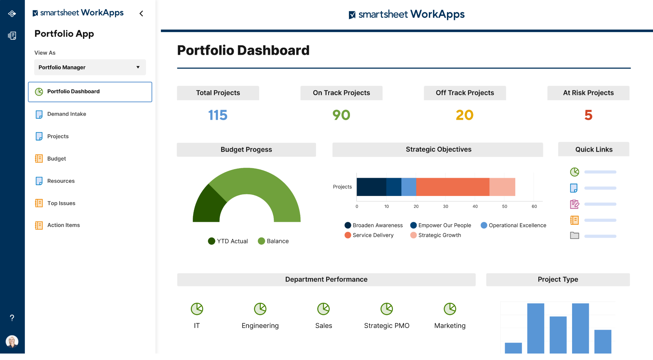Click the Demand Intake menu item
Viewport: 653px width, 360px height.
click(x=66, y=114)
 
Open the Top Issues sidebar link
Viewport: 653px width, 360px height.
click(x=61, y=203)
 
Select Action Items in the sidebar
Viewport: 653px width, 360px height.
click(x=63, y=225)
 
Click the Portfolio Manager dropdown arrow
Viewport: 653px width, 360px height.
click(x=138, y=67)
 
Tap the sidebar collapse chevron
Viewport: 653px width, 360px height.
click(x=141, y=14)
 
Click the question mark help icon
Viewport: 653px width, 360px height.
click(x=12, y=318)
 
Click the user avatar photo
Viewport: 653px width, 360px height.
click(x=12, y=341)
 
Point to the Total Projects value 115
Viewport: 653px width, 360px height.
click(x=218, y=115)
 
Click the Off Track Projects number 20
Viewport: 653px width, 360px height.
click(x=465, y=115)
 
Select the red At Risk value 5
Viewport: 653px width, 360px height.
click(x=588, y=115)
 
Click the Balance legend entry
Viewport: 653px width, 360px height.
click(x=273, y=241)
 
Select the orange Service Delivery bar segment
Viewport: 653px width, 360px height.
click(x=452, y=187)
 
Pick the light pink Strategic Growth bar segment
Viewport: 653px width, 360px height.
click(x=502, y=187)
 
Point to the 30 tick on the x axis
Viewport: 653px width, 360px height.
click(x=446, y=206)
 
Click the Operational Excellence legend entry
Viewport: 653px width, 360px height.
click(x=514, y=225)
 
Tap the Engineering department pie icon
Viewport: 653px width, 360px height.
click(x=260, y=309)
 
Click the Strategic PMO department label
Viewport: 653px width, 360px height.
click(x=387, y=326)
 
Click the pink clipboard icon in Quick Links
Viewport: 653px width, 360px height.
click(x=574, y=204)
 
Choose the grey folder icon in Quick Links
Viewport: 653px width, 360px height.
click(x=574, y=235)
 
